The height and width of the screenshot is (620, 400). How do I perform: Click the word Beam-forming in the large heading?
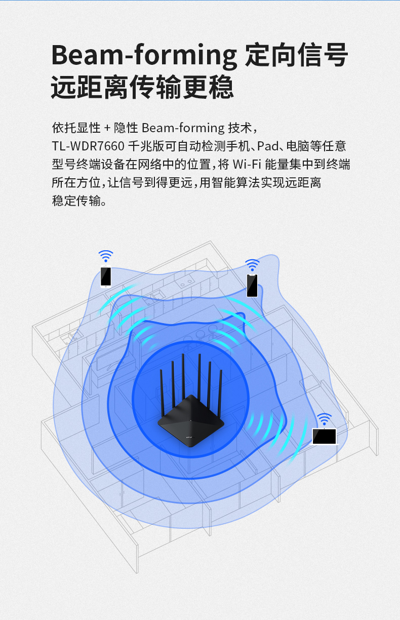[144, 56]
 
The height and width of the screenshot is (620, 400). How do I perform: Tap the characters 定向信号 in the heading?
[296, 55]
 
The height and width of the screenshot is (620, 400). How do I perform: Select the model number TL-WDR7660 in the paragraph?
[88, 146]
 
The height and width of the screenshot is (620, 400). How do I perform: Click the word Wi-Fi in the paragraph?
[247, 164]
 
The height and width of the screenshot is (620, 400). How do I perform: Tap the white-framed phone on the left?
[106, 277]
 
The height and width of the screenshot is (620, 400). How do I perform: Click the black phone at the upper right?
[252, 285]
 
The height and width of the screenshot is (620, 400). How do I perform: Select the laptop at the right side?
[325, 437]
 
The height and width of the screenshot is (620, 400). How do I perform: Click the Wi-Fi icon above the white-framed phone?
[106, 256]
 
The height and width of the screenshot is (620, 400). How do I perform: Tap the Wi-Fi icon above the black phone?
[252, 265]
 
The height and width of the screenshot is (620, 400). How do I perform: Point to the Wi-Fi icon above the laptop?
[324, 419]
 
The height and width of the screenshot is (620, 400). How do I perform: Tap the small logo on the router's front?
[190, 437]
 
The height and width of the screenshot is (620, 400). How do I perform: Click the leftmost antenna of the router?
[163, 392]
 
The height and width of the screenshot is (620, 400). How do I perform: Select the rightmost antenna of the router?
[220, 393]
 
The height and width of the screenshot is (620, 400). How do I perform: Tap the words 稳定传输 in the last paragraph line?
[76, 201]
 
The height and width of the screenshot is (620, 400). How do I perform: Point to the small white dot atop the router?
[190, 420]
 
